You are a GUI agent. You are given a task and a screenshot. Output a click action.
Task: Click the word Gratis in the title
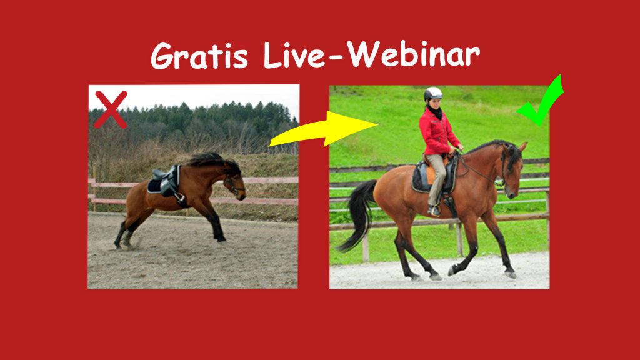199,56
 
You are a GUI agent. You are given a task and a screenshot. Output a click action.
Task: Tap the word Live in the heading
294,54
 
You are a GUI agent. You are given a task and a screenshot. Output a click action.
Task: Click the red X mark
111,109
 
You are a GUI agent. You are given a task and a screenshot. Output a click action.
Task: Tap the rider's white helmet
432,94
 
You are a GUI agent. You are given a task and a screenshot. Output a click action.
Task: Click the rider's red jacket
437,131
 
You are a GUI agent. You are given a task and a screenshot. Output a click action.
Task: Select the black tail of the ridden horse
358,214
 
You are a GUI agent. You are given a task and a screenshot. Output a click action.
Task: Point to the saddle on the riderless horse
165,182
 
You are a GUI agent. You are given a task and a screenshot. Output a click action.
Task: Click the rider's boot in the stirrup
434,211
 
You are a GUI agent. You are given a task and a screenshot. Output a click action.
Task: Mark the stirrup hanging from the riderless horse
179,197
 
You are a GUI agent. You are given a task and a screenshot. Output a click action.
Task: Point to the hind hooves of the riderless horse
123,244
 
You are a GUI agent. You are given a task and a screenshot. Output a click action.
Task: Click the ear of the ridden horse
522,146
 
